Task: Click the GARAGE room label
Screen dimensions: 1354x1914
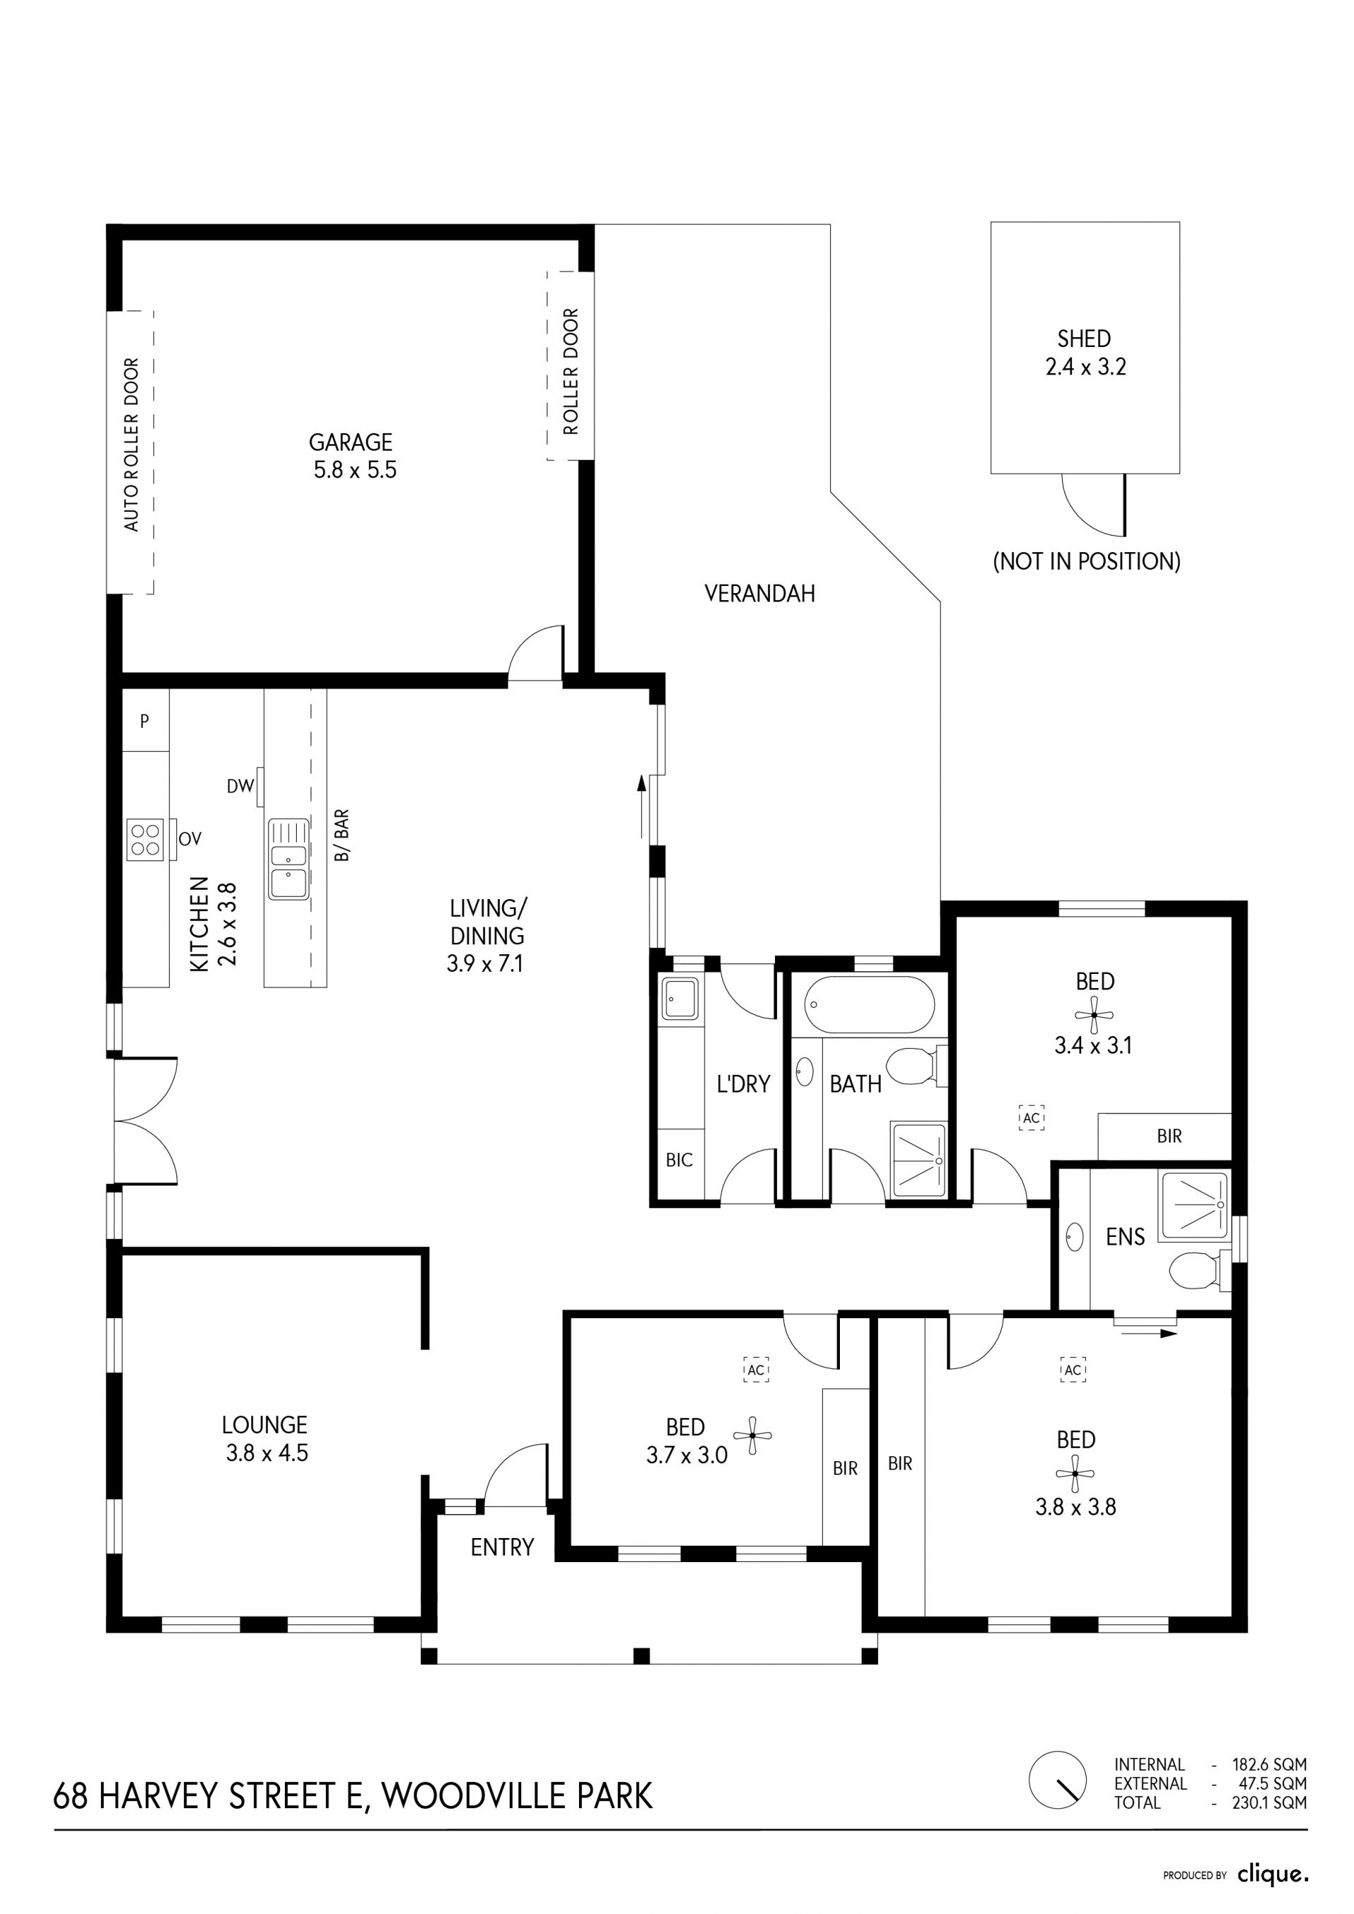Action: [350, 441]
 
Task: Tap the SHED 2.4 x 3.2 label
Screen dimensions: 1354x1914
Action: [1085, 353]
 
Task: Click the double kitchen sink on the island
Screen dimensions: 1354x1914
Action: [288, 859]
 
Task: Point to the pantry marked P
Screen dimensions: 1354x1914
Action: [145, 721]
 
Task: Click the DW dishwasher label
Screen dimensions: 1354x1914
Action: [240, 786]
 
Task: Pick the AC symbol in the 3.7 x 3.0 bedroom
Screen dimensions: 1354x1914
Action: [756, 1369]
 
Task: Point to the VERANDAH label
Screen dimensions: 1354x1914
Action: [760, 594]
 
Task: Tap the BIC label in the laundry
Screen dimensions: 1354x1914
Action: [680, 1159]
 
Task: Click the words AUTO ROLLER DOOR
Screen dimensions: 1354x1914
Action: [132, 444]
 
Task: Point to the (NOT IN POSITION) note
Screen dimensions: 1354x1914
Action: [1086, 561]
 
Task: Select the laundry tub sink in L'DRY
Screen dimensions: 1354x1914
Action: [681, 999]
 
